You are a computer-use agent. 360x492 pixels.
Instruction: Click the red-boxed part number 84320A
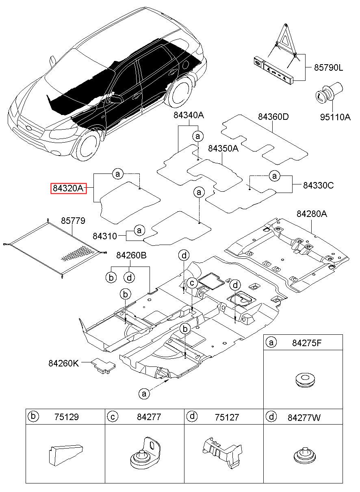coord(69,188)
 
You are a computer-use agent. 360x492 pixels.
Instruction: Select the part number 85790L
coord(328,68)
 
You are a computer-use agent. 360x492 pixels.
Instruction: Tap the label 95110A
coord(335,117)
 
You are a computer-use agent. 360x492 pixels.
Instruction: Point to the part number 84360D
coord(273,117)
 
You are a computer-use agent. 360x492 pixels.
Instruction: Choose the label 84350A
coord(223,149)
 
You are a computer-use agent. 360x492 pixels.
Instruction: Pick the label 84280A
coord(311,213)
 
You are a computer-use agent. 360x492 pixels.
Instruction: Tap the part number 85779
coord(73,221)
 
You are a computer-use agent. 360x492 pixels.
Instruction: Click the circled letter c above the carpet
coord(192,283)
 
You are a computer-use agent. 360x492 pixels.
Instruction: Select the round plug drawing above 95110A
coord(328,93)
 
